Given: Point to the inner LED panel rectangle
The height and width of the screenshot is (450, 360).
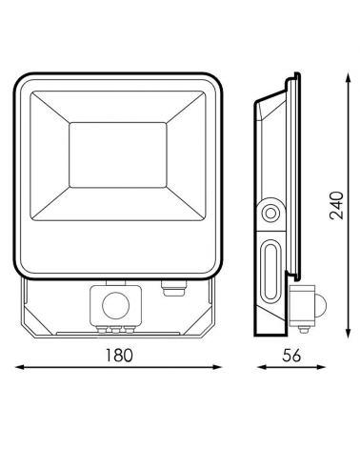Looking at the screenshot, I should [121, 153].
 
